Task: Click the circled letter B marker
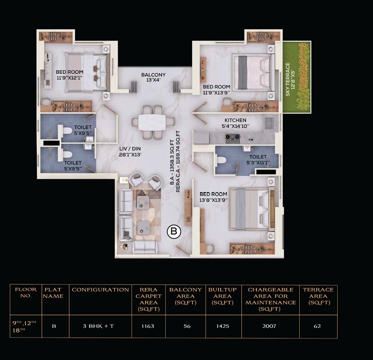174,232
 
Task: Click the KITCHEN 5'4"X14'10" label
235,123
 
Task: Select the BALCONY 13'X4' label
153,78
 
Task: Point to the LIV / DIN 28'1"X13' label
130,151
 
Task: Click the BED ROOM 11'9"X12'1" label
69,75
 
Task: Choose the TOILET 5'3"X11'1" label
258,160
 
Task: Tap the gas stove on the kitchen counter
233,138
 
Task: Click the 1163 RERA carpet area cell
147,326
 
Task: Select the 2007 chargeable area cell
270,326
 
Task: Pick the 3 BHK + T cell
98,326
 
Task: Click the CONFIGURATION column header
100,290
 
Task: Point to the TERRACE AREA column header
318,296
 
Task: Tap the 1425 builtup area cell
223,326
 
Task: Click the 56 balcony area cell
187,326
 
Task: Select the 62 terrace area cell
317,326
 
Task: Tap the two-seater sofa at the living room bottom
144,247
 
